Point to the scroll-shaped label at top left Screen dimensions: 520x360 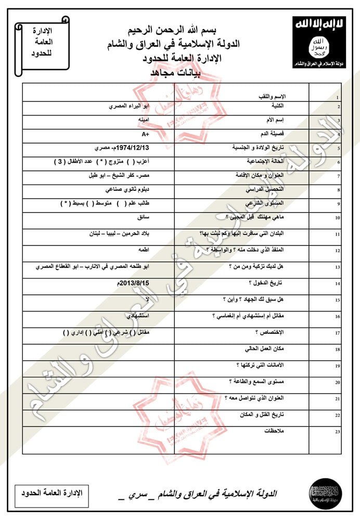[42, 45]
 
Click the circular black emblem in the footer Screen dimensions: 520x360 [325, 491]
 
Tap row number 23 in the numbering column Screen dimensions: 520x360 [338, 431]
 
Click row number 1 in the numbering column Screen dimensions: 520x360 [338, 97]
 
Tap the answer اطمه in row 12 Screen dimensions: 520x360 [144, 249]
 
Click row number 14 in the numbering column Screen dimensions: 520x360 [338, 284]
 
